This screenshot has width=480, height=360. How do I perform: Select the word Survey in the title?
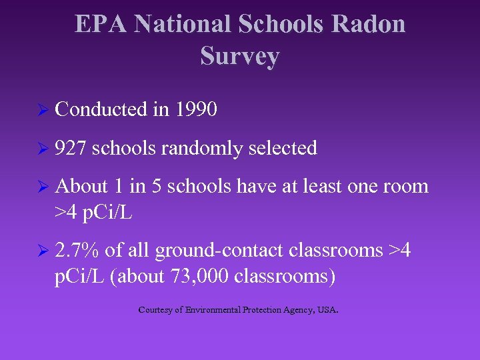(239, 57)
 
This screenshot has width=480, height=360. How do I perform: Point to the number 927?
(71, 148)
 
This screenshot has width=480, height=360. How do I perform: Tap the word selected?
(282, 148)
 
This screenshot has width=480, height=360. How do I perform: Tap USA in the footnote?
(327, 309)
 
